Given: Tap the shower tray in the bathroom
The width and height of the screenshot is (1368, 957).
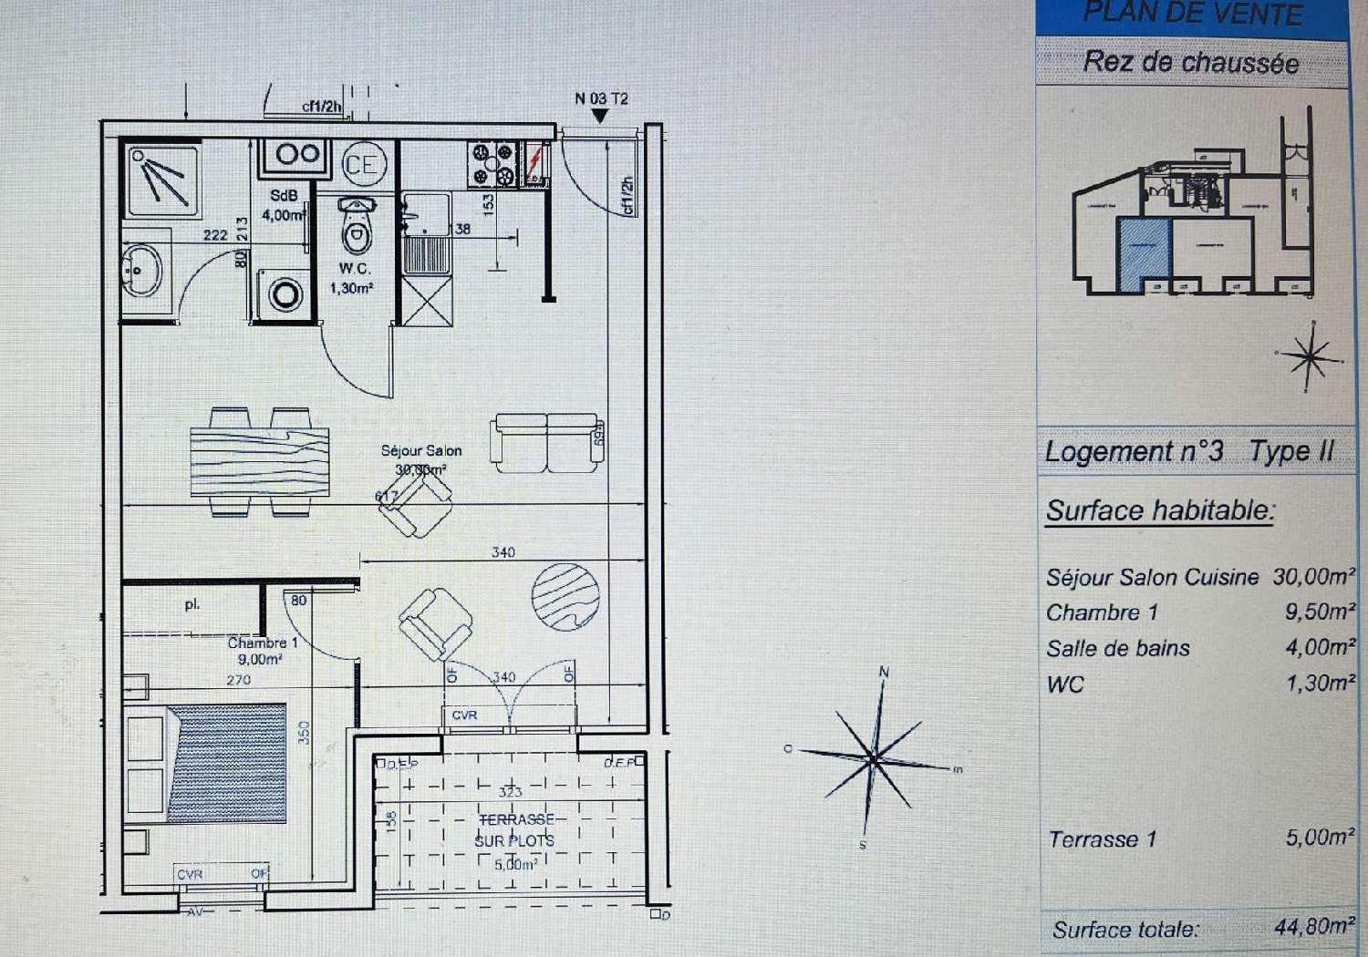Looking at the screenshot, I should pos(161,177).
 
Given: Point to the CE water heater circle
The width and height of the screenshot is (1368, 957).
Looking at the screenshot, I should pos(363,165).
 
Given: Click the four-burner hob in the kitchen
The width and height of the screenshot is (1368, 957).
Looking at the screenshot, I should pos(493,164).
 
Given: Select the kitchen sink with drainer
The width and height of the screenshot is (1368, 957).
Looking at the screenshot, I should pos(426,232).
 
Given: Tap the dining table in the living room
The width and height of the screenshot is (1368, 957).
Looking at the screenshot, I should pos(260,462).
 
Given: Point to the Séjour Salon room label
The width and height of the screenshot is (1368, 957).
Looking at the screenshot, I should pos(420,450).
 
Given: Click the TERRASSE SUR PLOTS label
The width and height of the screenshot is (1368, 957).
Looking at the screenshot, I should pos(515,830).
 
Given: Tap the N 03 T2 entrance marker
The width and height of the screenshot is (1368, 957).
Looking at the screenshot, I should pos(601,99).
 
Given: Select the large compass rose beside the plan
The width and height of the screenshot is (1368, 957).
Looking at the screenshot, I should pos(873,756).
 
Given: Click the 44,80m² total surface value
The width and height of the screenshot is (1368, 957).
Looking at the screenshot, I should pos(1314,927).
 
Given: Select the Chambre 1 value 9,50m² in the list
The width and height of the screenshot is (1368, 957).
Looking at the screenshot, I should pos(1319,612).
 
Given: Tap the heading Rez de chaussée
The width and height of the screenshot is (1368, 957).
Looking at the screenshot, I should pos(1190,62).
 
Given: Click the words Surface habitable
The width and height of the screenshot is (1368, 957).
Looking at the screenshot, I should pos(1159,510).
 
